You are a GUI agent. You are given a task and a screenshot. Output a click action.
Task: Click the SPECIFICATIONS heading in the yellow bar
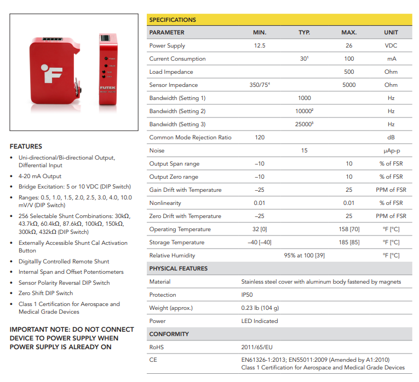click(173, 20)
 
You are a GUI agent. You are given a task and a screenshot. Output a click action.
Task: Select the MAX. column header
click(349, 33)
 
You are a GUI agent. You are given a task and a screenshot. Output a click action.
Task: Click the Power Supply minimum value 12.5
click(260, 46)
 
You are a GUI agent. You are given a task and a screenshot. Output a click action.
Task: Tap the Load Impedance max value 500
click(349, 72)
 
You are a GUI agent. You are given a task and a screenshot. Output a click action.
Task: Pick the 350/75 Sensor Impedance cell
click(260, 85)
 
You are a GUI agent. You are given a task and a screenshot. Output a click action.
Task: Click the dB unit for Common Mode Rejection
click(391, 138)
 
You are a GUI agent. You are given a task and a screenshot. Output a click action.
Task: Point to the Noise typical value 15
click(304, 151)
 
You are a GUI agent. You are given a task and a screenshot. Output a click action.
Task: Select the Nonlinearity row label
click(166, 203)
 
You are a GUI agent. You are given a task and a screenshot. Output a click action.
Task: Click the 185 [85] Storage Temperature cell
click(349, 243)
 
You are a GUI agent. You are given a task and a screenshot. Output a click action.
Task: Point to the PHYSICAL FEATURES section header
click(178, 269)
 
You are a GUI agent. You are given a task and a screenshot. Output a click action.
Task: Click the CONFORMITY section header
click(169, 334)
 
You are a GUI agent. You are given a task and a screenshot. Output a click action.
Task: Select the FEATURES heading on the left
click(26, 146)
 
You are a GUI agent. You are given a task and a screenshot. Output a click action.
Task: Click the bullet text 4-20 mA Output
click(40, 177)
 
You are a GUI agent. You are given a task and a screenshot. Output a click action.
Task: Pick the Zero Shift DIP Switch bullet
click(45, 293)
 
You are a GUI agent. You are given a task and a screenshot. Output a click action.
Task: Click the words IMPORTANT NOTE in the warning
click(38, 330)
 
